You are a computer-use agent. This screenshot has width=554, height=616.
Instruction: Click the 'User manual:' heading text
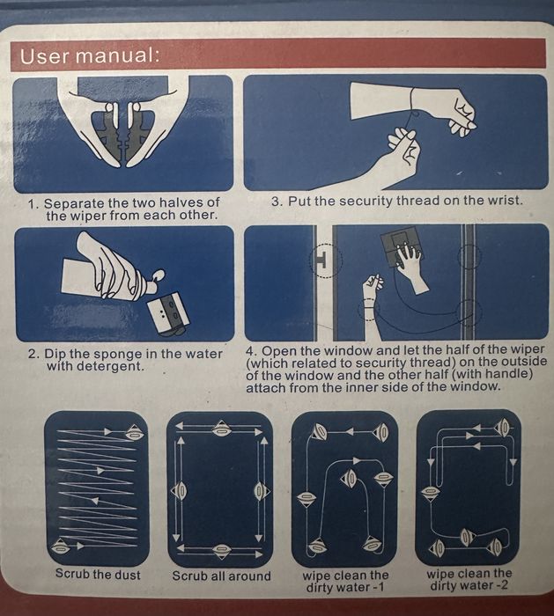(90, 56)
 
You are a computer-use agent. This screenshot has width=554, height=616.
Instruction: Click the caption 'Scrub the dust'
(98, 574)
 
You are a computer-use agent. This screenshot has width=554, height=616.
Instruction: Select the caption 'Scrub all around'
(221, 576)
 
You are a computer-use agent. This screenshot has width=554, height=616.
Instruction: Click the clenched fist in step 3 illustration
(463, 115)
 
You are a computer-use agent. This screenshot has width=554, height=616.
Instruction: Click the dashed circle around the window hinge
(326, 260)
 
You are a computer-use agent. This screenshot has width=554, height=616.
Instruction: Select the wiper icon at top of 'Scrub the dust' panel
(135, 433)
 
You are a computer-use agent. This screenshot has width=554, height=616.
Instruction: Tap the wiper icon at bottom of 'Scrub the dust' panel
(61, 546)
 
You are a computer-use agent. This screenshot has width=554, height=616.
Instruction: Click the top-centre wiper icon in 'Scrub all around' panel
(221, 429)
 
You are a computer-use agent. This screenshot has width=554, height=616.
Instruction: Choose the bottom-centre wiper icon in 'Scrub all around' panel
(220, 550)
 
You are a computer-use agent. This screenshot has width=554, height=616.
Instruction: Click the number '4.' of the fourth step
(252, 350)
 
